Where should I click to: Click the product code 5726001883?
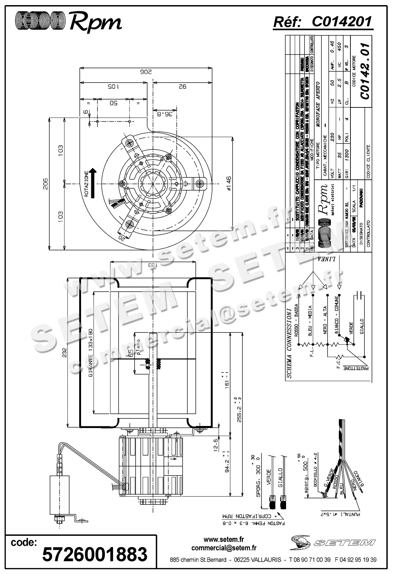tap(95, 554)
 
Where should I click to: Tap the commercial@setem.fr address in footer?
tap(224, 548)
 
